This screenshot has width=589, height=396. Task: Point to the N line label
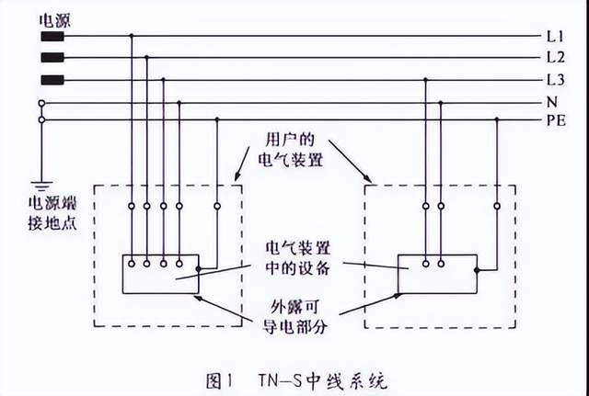click(551, 102)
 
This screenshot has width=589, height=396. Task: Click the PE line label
click(555, 119)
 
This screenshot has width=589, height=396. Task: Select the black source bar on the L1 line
click(53, 38)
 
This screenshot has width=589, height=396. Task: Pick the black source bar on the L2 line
click(53, 58)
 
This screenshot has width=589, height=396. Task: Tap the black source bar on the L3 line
click(53, 80)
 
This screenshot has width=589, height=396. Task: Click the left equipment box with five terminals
click(160, 274)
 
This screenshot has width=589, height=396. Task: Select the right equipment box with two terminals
click(437, 274)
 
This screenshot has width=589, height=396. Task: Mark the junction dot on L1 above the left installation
click(131, 37)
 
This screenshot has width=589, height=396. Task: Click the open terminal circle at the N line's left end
click(41, 102)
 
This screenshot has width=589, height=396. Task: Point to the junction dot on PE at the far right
click(497, 119)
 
